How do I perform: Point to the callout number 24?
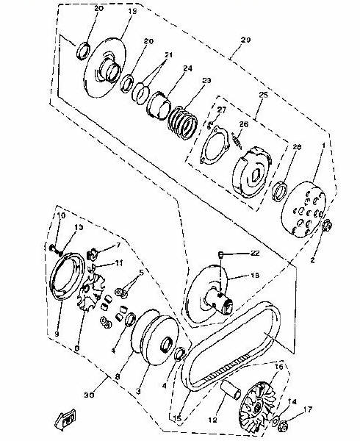[x=187, y=69]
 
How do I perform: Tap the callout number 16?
[x=278, y=365]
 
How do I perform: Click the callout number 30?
[x=89, y=395]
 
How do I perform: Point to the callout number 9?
[x=56, y=334]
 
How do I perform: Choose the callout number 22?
[x=255, y=254]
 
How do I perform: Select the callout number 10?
[x=62, y=215]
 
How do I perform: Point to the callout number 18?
[x=256, y=276]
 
